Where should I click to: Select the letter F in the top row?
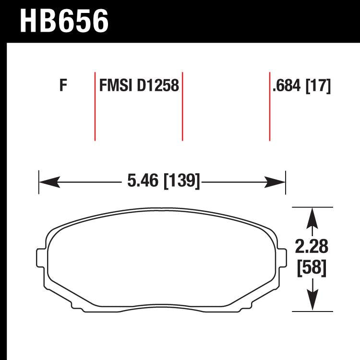pos(62,87)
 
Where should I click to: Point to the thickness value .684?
pos(287,87)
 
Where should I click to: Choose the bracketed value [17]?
pos(318,87)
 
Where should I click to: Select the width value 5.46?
pos(144,181)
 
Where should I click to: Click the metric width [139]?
pos(181,181)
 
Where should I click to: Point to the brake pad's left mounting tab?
pos(42,256)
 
